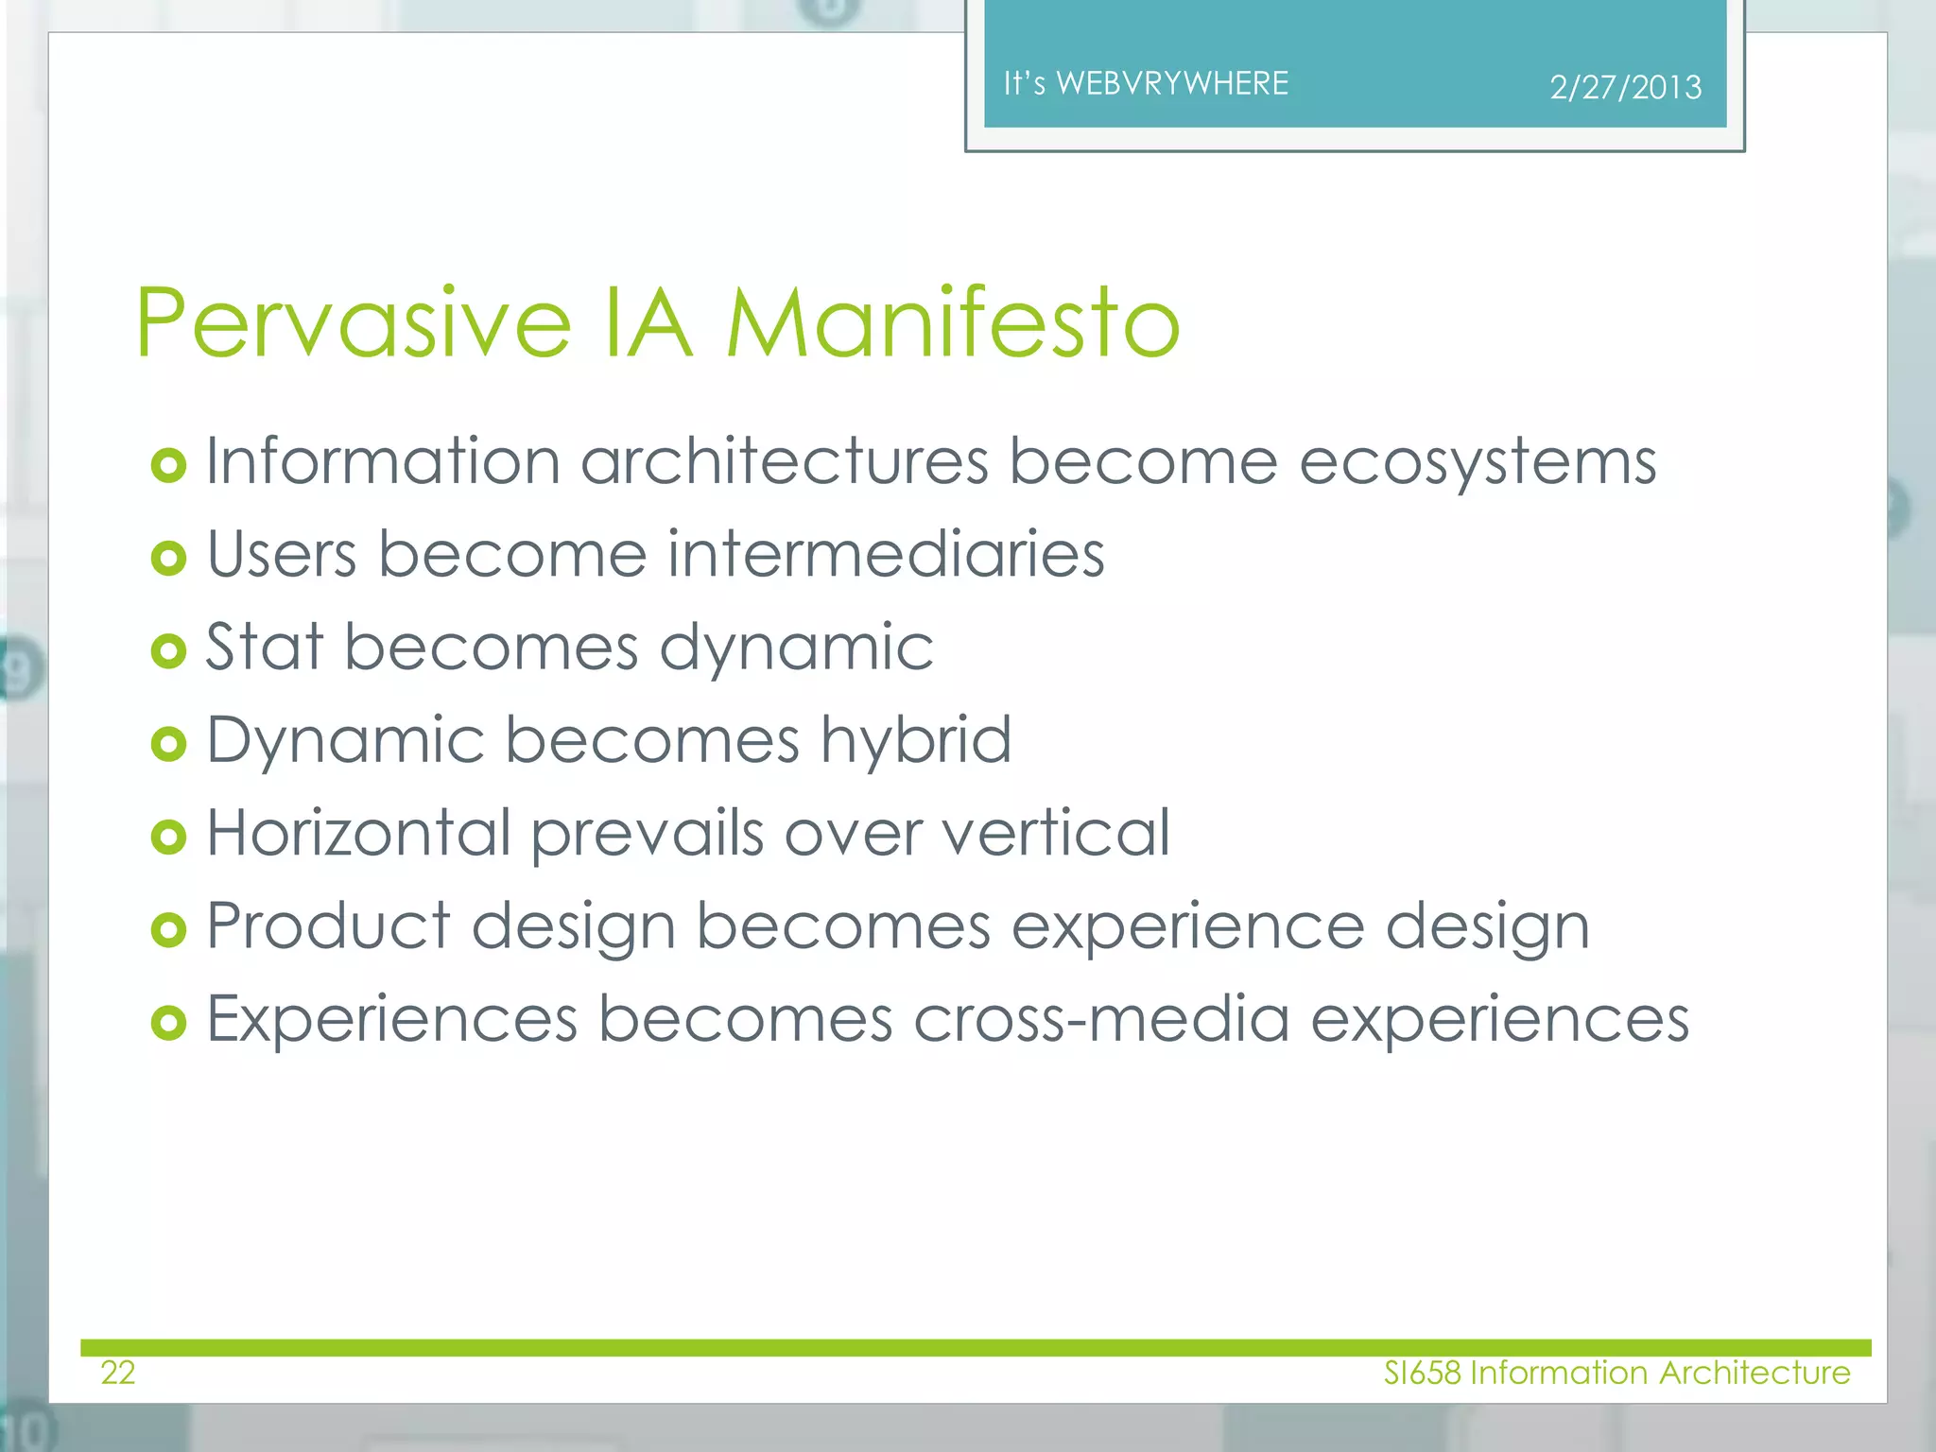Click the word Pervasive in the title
click(354, 323)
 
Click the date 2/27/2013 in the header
click(1625, 88)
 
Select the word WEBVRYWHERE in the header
click(1172, 83)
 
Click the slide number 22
click(118, 1372)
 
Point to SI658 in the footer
click(1422, 1372)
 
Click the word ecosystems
click(1478, 462)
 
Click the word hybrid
click(916, 739)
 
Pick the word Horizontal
click(359, 833)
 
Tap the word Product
click(328, 925)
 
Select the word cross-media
click(1100, 1019)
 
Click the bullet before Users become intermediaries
click(168, 558)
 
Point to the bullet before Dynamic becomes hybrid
click(168, 744)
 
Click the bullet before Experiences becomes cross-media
click(168, 1023)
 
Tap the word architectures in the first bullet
click(784, 462)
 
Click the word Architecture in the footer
click(1754, 1372)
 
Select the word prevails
click(647, 833)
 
